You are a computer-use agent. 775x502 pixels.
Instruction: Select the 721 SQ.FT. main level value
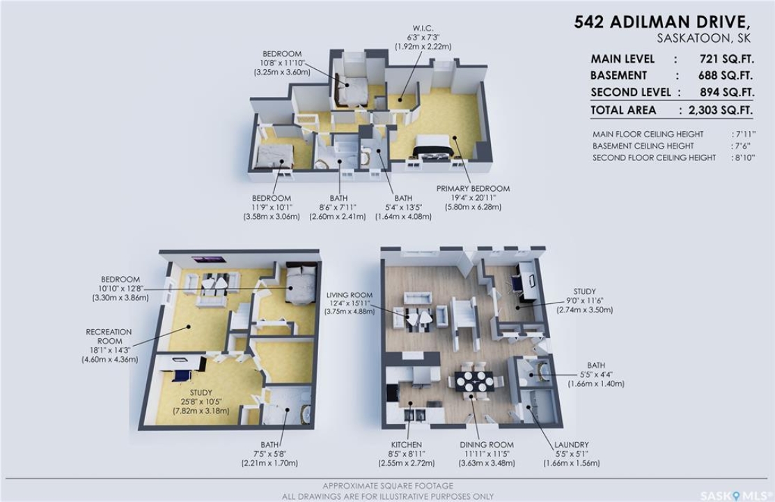726,59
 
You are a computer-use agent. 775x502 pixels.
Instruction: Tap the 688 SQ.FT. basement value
726,76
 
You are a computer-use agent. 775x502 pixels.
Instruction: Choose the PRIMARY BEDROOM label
473,189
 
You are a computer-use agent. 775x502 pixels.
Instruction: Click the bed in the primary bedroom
433,146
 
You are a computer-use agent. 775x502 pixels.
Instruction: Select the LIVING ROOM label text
350,295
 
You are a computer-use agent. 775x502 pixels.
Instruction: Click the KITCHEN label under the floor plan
406,445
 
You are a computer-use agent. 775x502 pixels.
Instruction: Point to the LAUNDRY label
572,445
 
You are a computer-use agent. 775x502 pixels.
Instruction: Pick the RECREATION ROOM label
109,337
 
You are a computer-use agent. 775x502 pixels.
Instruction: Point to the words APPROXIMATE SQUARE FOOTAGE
388,486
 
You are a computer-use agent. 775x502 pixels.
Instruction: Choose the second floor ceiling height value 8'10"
744,158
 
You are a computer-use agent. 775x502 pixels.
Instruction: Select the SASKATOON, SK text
704,38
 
